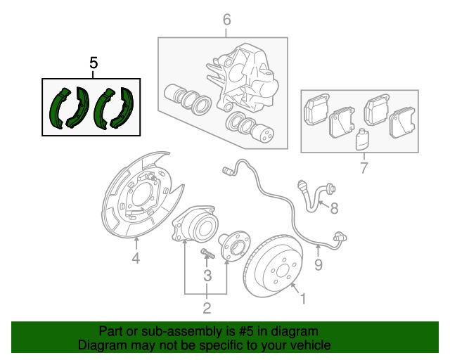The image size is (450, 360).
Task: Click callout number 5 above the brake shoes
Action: click(x=94, y=63)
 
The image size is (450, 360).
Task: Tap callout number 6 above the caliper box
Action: click(x=226, y=20)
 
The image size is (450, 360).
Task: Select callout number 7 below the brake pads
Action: click(x=364, y=167)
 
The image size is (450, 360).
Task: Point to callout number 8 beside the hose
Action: click(x=334, y=208)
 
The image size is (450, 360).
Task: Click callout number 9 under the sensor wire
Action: click(x=319, y=264)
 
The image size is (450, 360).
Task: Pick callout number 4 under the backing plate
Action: click(x=136, y=258)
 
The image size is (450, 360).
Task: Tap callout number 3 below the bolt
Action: click(x=207, y=276)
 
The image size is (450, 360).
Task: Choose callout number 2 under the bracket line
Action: click(x=207, y=308)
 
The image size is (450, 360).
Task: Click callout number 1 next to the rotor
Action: click(x=303, y=299)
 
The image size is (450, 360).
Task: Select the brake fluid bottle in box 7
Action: click(x=362, y=139)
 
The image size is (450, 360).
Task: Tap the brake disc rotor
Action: click(x=273, y=266)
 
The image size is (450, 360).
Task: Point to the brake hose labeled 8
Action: click(x=315, y=196)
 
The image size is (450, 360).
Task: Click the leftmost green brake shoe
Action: click(x=59, y=108)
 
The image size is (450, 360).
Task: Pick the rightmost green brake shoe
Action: click(x=122, y=108)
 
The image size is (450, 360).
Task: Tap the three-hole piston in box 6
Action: click(x=262, y=131)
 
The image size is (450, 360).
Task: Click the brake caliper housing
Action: click(x=243, y=78)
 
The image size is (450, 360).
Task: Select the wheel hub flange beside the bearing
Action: click(x=234, y=245)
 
